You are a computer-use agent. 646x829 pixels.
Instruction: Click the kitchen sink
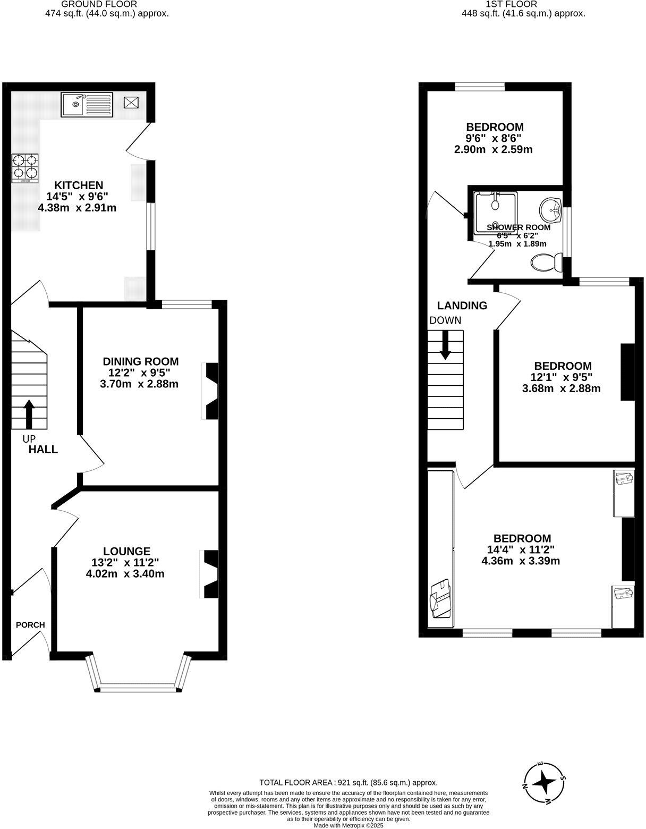[87, 104]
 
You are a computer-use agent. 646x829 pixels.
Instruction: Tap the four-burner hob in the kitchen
[25, 168]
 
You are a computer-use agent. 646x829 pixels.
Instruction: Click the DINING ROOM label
[141, 361]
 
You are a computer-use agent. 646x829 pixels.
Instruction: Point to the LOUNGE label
[127, 552]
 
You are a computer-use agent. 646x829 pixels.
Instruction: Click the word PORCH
[30, 625]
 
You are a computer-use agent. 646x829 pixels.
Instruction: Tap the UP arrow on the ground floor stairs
[29, 414]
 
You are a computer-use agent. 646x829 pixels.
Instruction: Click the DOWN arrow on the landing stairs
[445, 344]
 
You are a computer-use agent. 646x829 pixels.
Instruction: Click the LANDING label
[462, 306]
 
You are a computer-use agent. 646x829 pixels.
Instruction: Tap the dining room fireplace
[211, 391]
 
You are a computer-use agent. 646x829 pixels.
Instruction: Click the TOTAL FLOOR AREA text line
[348, 782]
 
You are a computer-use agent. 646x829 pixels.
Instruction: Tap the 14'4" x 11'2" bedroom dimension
[521, 549]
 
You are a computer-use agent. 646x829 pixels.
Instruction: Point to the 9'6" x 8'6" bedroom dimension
[494, 138]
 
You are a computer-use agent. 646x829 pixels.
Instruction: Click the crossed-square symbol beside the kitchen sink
[130, 103]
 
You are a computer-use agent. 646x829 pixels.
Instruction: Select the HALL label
[43, 450]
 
